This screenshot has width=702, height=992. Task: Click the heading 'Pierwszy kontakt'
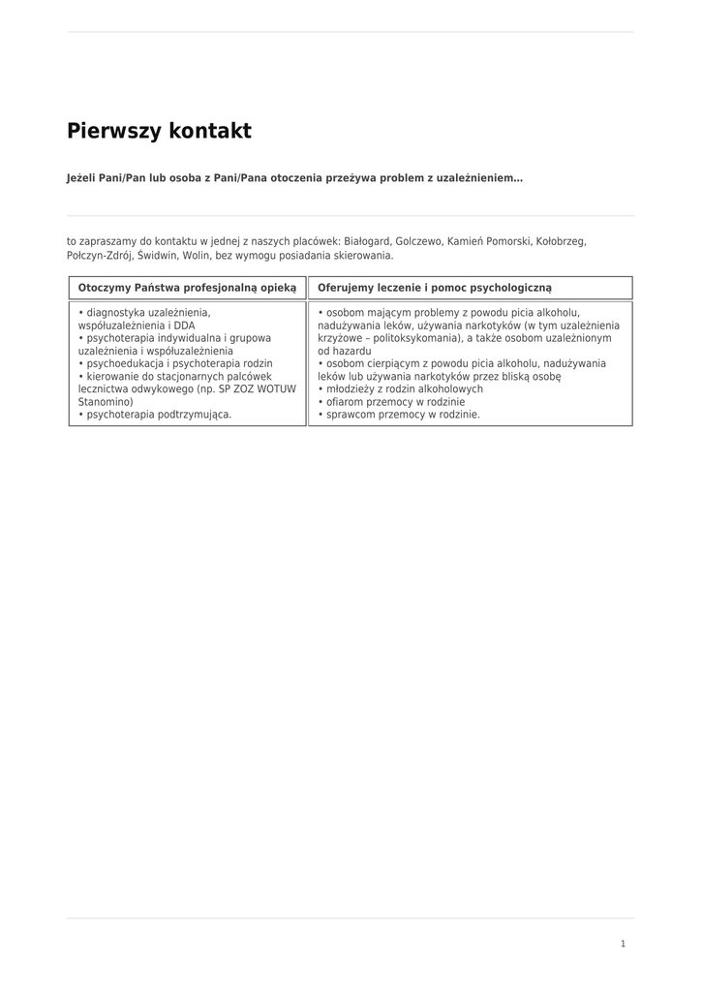[x=159, y=132]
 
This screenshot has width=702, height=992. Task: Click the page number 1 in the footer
[x=623, y=944]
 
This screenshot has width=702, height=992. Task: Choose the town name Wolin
[x=197, y=256]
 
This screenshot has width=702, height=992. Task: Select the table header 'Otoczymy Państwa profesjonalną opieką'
[x=187, y=288]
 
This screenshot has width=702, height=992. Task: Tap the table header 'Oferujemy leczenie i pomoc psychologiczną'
[x=434, y=288]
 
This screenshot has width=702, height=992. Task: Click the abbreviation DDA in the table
[x=184, y=325]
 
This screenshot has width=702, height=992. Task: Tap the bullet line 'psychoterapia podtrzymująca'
[x=158, y=414]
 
